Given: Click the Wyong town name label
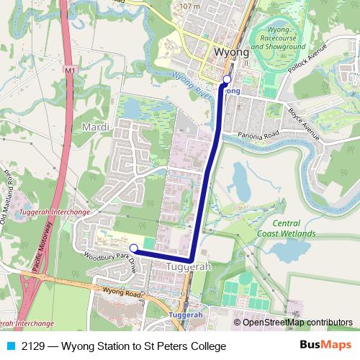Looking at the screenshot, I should coord(232,52).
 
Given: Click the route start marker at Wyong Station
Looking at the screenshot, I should coord(227,79).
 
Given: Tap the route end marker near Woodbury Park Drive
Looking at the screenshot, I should coord(133,248).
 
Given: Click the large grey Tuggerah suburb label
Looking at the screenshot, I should coord(188,266).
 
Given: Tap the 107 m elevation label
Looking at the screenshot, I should coord(189,6).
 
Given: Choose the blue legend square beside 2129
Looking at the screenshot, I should coord(10,346).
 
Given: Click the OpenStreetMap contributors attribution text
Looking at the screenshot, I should coord(297,322).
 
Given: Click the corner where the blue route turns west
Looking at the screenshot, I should coord(192,259).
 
